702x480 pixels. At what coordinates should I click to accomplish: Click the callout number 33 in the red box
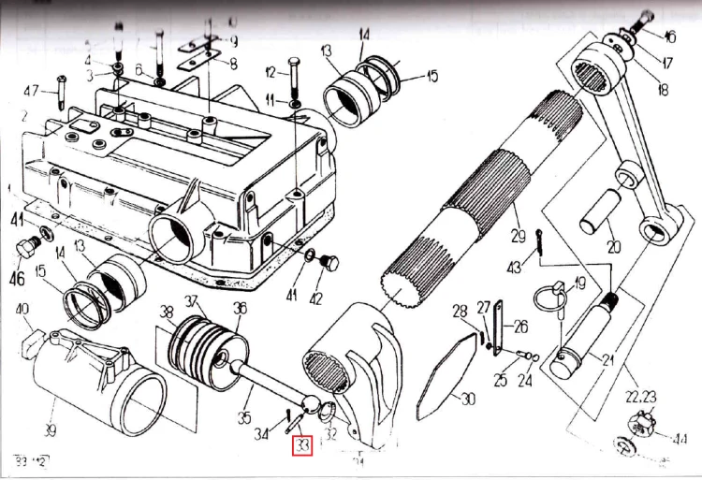click(x=301, y=447)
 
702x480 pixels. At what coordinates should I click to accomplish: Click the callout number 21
click(x=608, y=359)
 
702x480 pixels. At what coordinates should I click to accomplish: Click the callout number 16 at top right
click(x=669, y=36)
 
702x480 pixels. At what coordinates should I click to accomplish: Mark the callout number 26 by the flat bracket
click(x=519, y=327)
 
